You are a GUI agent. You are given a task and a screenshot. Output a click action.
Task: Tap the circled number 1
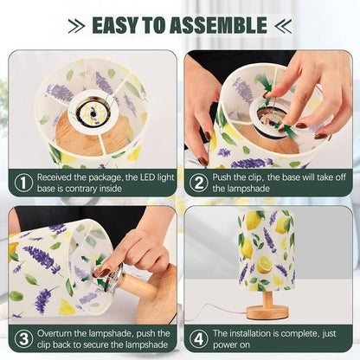pyautogui.click(x=23, y=183)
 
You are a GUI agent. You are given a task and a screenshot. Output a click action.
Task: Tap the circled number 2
pyautogui.click(x=198, y=183)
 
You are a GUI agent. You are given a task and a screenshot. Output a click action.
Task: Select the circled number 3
pyautogui.click(x=23, y=338)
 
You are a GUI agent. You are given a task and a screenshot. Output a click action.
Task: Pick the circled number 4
pyautogui.click(x=198, y=338)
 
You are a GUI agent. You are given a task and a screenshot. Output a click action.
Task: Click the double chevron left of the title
pyautogui.click(x=76, y=26)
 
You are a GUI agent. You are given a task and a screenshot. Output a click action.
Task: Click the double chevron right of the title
pyautogui.click(x=283, y=26)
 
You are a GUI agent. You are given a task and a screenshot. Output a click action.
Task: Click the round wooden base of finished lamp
pyautogui.click(x=267, y=312)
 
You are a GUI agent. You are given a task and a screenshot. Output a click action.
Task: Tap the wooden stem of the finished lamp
pyautogui.click(x=267, y=299)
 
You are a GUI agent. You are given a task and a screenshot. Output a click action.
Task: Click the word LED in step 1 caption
pyautogui.click(x=148, y=177)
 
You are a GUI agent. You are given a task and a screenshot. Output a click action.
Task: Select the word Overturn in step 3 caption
pyautogui.click(x=55, y=333)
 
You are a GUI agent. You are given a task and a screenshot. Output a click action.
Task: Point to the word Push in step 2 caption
pyautogui.click(x=221, y=177)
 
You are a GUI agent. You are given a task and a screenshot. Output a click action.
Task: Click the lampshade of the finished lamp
pyautogui.click(x=266, y=250)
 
